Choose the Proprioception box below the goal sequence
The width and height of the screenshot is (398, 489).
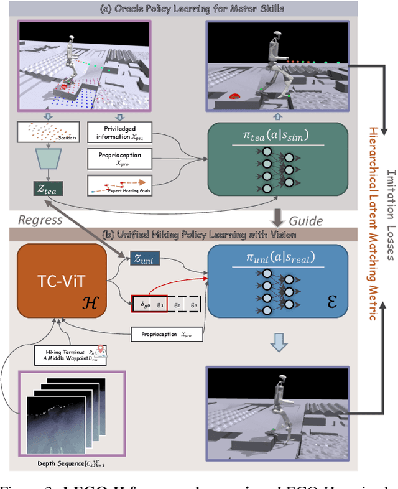(x=161, y=335)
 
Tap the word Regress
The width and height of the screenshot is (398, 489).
(x=40, y=220)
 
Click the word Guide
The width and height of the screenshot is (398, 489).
(x=306, y=221)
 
